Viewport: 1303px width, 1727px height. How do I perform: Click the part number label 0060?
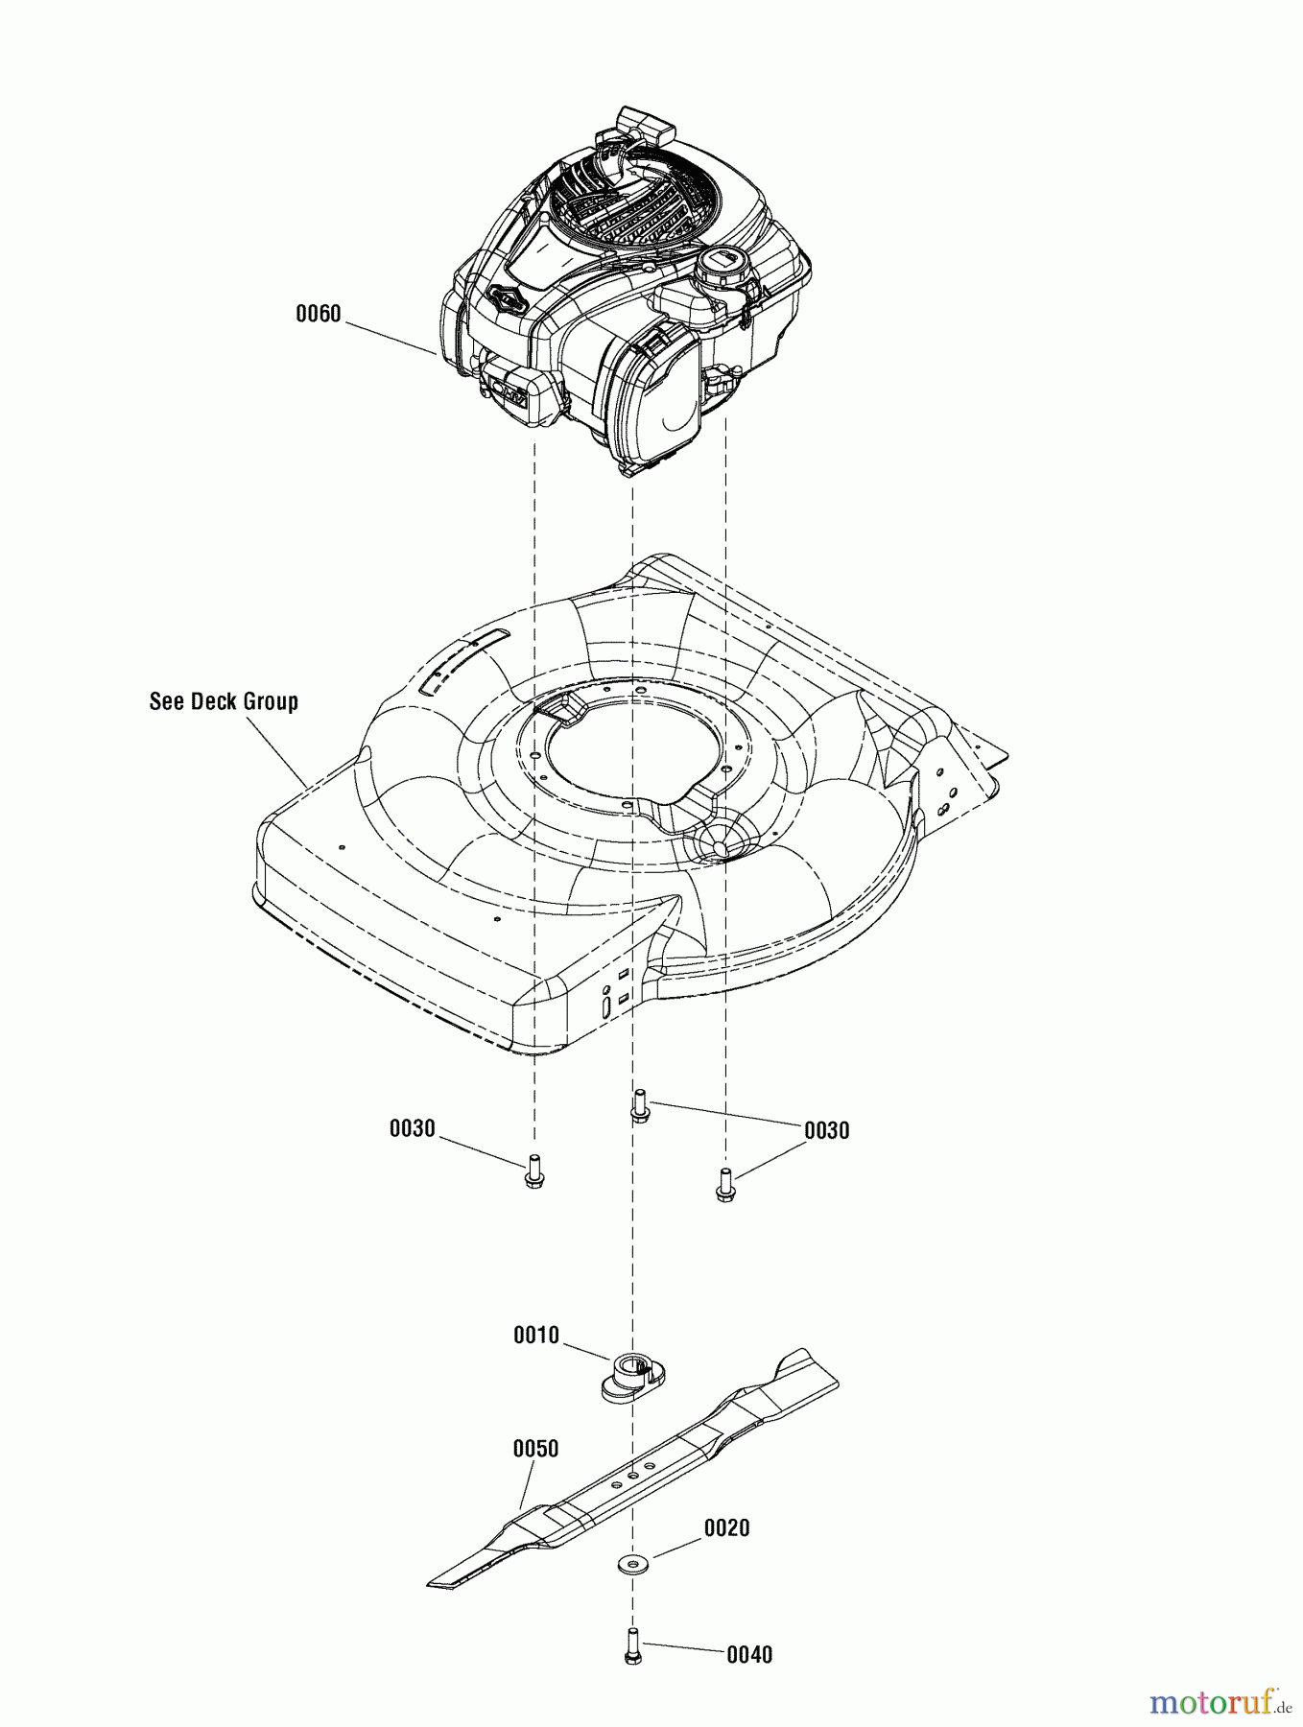coord(318,314)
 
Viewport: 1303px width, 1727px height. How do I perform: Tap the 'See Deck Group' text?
coord(224,701)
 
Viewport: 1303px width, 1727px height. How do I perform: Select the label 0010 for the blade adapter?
coord(535,1335)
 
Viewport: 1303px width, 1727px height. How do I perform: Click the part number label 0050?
coord(535,1448)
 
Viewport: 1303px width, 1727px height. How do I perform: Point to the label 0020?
coord(726,1526)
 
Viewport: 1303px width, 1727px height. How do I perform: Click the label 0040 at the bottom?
coord(748,1654)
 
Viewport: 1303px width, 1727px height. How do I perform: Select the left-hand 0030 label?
coord(412,1128)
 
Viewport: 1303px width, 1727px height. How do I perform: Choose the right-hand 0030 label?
coord(826,1130)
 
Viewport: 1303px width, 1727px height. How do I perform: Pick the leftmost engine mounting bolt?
coord(534,1172)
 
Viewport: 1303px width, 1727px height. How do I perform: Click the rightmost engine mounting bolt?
coord(725,1183)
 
